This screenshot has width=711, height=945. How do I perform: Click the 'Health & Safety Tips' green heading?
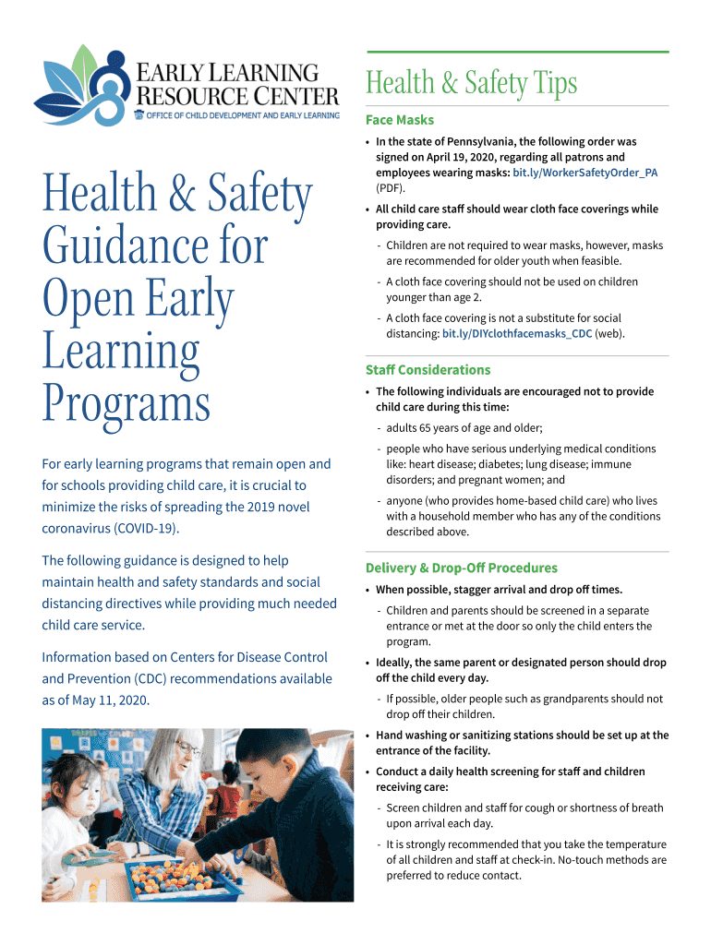pos(471,84)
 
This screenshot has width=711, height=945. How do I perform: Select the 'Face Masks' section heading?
pos(399,120)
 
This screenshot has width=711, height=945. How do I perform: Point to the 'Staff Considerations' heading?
pos(428,370)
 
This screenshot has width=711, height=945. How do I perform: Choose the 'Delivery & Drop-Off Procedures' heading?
pos(461,568)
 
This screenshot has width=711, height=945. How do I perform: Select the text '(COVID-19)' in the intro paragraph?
pos(145,529)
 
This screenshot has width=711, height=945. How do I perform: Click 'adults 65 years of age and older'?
pos(464,428)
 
